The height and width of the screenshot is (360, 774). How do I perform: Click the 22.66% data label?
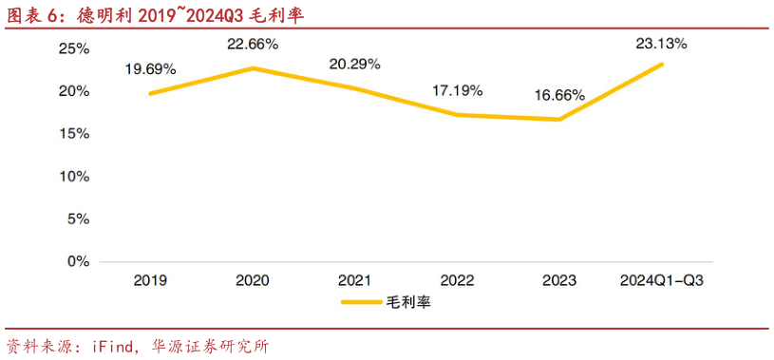click(x=253, y=45)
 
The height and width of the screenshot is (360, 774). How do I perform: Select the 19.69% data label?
click(x=150, y=68)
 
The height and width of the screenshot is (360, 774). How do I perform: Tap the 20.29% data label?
click(x=354, y=64)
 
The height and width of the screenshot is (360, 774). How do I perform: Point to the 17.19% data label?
click(x=457, y=90)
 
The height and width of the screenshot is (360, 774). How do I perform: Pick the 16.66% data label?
click(x=558, y=95)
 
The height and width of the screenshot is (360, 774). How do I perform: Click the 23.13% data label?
click(x=661, y=43)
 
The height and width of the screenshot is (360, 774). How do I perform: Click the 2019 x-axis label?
click(x=150, y=280)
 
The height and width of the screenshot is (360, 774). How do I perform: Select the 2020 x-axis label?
click(x=253, y=280)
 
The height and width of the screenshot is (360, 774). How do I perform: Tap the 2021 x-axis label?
click(x=354, y=280)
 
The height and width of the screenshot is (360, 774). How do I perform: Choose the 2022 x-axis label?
click(x=457, y=280)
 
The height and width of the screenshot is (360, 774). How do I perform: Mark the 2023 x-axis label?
click(x=558, y=280)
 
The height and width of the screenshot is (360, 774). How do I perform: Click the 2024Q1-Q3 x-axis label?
click(x=661, y=280)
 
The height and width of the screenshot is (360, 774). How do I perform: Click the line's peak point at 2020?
click(x=253, y=68)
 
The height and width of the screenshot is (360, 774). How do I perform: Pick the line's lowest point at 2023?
click(x=559, y=119)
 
